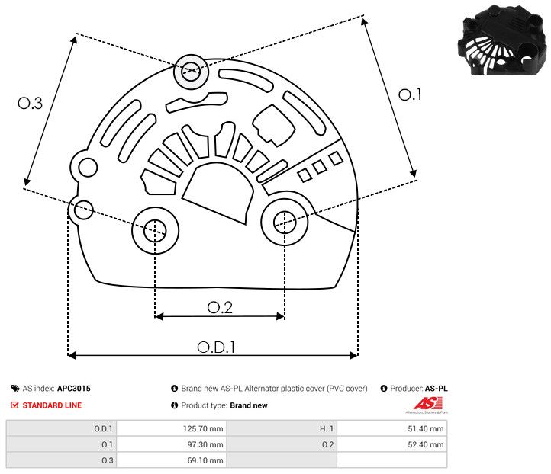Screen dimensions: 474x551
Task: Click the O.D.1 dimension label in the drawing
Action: pyautogui.click(x=216, y=347)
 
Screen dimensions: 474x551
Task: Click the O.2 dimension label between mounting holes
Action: pyautogui.click(x=220, y=307)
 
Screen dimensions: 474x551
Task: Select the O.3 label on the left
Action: pyautogui.click(x=30, y=104)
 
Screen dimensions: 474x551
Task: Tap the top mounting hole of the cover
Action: pyautogui.click(x=189, y=72)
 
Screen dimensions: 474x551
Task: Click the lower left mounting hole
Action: pyautogui.click(x=155, y=228)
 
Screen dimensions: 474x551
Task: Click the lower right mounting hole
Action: pyautogui.click(x=284, y=222)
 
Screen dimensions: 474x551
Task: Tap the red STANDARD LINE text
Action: pyautogui.click(x=52, y=405)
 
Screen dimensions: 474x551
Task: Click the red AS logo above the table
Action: pyautogui.click(x=424, y=404)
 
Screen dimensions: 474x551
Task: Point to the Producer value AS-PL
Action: pyautogui.click(x=436, y=389)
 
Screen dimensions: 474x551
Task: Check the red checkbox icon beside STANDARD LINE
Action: pyautogui.click(x=15, y=405)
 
